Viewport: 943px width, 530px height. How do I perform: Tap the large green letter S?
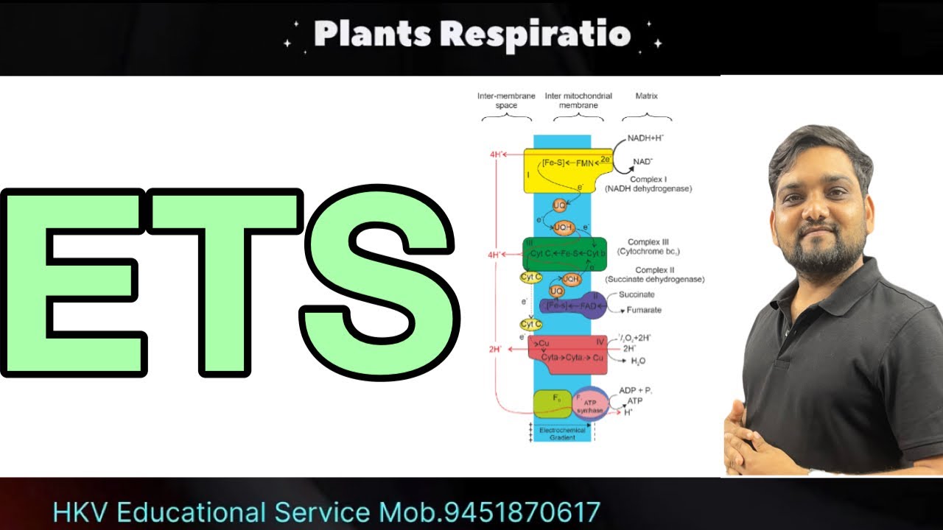click(377, 283)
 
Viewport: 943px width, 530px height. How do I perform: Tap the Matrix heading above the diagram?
click(646, 96)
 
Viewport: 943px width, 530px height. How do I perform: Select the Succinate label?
click(637, 294)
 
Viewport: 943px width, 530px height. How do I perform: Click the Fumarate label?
click(643, 310)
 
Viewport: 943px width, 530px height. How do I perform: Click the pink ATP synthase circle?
click(592, 404)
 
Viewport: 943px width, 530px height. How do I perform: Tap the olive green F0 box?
click(552, 404)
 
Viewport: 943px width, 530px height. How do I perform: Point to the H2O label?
click(638, 361)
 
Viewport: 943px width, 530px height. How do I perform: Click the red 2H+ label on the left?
click(495, 349)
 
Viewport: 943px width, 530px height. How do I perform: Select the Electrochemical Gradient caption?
click(562, 433)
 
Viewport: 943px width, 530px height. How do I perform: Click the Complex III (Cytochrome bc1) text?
click(647, 247)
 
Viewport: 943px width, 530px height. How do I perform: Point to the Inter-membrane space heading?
click(506, 101)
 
